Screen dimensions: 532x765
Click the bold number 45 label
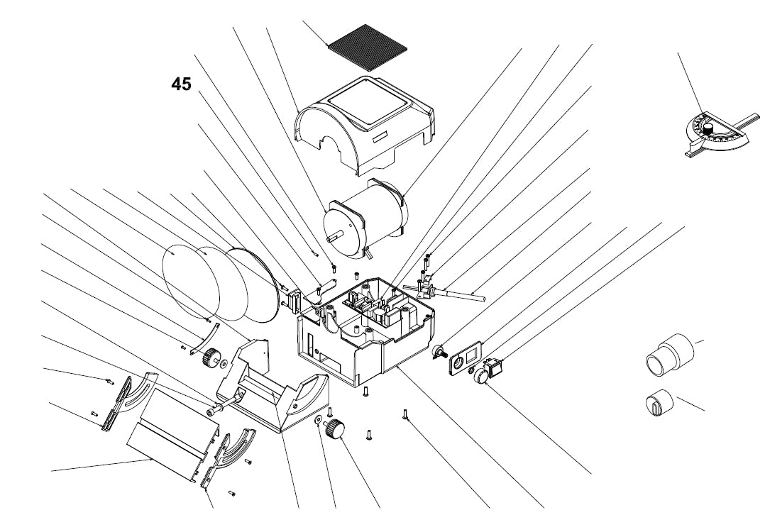tap(181, 84)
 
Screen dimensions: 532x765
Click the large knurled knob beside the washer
tap(334, 428)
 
